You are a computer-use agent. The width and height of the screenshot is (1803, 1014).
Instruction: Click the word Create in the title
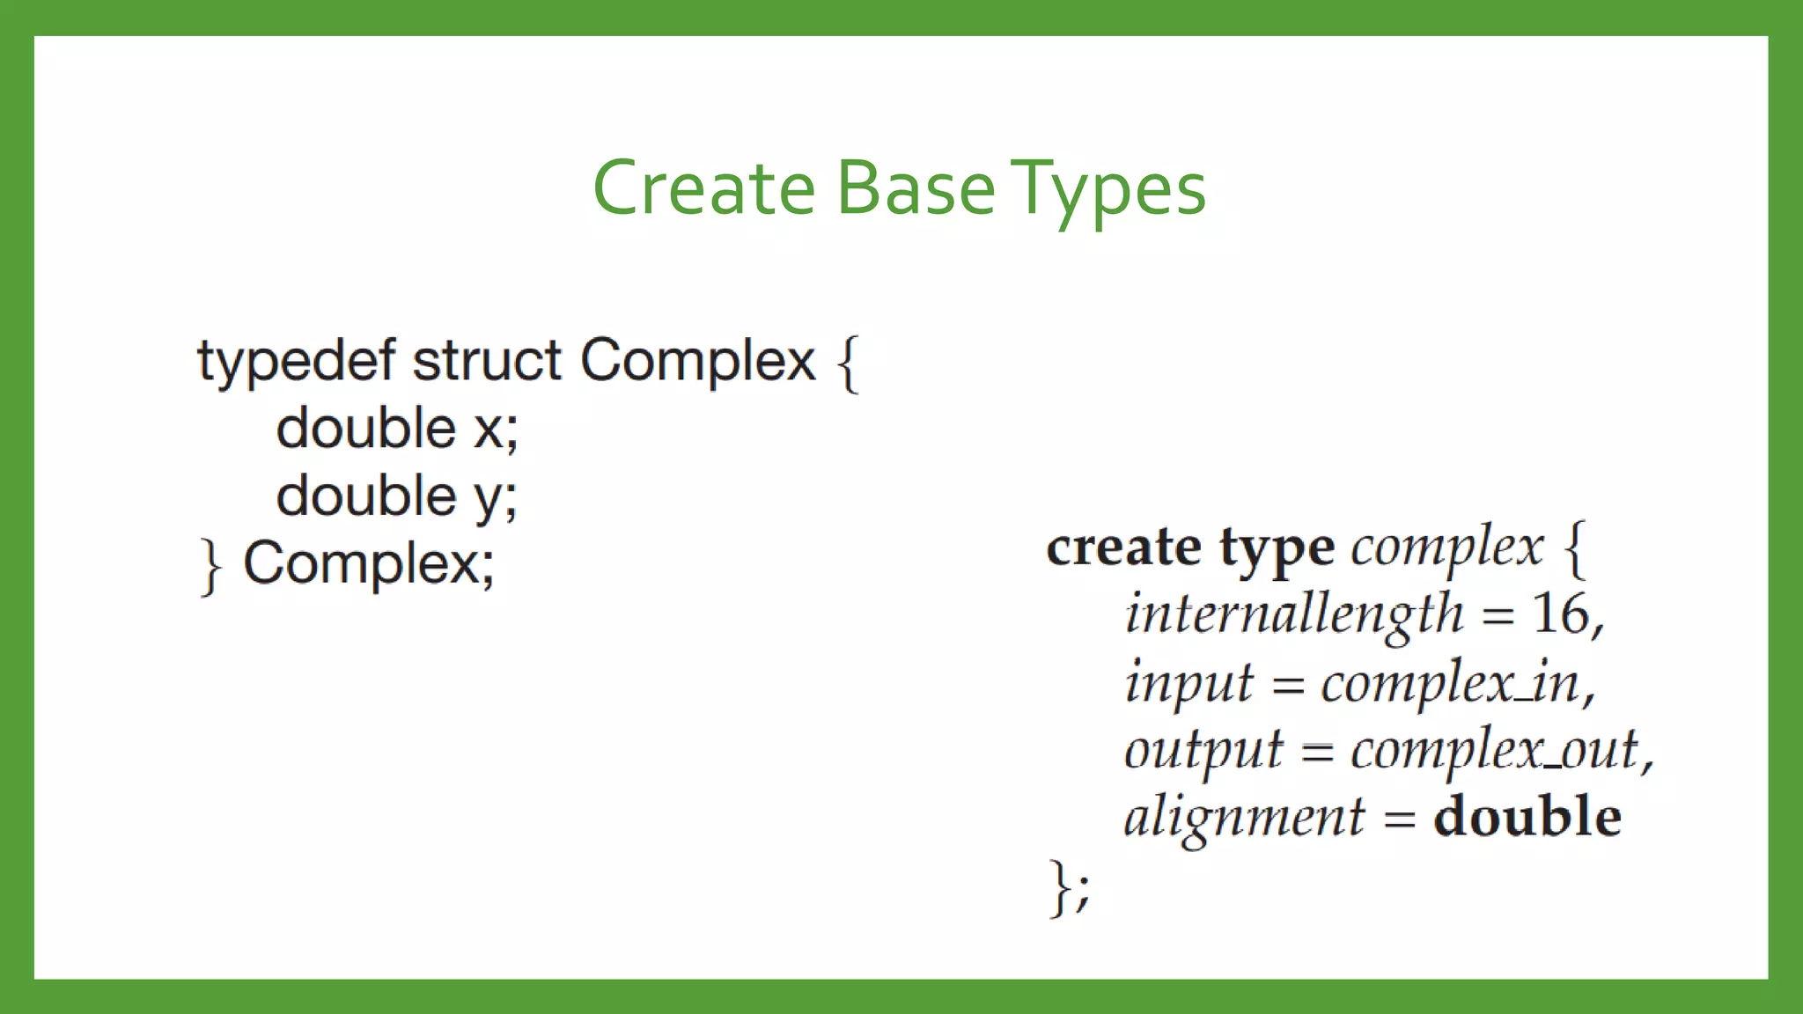click(704, 188)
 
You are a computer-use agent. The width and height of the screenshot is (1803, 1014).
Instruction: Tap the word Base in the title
click(916, 188)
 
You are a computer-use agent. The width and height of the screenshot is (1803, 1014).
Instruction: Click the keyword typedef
click(296, 361)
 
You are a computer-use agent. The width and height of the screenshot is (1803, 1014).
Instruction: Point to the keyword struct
click(487, 361)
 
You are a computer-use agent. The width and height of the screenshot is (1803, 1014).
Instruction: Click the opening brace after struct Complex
click(848, 363)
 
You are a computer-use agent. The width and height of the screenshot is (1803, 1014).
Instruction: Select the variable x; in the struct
click(497, 429)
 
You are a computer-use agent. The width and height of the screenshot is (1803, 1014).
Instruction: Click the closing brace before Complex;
click(210, 566)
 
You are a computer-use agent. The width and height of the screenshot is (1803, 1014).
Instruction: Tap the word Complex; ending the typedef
click(369, 563)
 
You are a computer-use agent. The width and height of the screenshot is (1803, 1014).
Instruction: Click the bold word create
click(1123, 547)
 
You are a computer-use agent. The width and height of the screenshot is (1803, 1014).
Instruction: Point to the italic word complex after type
click(1447, 547)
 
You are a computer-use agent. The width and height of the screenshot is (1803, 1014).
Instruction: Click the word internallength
click(1294, 614)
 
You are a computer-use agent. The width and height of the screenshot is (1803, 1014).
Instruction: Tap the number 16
click(1561, 614)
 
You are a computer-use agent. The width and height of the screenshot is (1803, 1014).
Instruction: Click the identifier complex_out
click(1494, 750)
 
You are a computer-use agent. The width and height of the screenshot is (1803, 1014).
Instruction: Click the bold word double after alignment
click(1527, 817)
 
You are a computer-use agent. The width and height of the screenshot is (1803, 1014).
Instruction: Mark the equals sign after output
click(1317, 753)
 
